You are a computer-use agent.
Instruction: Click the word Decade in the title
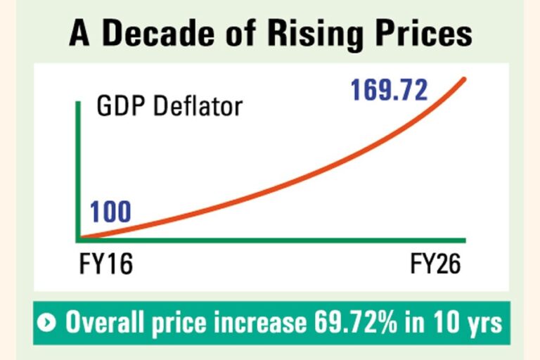coord(158,33)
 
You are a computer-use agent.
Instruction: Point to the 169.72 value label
coord(389,90)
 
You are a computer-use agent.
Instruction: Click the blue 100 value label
coord(110,212)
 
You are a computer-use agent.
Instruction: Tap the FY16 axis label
coord(105,264)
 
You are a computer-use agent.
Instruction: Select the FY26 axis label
coord(435,264)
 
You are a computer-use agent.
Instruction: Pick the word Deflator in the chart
coord(198,105)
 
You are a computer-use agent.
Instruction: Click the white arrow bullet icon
coord(46,323)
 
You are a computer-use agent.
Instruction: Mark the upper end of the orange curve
coord(464,79)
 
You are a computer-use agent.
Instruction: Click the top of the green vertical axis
coord(78,103)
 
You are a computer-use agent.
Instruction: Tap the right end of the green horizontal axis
coord(465,240)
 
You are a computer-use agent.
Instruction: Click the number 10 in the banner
coord(446,322)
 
